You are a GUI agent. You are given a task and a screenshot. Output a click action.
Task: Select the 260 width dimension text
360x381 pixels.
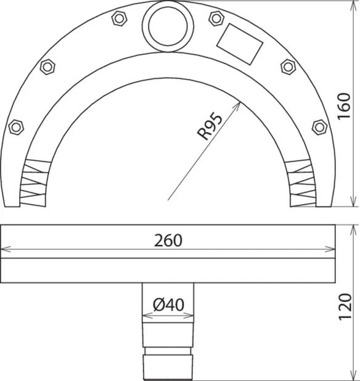click(x=168, y=240)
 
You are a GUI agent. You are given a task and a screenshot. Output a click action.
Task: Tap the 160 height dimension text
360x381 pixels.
click(x=345, y=106)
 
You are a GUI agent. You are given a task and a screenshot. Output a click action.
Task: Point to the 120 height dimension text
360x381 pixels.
click(x=345, y=307)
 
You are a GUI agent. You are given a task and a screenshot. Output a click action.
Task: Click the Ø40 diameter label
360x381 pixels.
click(x=168, y=305)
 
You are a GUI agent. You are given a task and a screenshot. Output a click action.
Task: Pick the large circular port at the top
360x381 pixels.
click(x=168, y=27)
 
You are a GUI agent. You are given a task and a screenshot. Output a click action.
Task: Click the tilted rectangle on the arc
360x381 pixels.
click(x=240, y=44)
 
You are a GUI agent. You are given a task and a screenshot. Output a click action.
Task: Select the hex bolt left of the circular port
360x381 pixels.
click(x=119, y=18)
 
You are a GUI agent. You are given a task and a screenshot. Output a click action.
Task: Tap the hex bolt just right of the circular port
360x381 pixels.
click(x=216, y=18)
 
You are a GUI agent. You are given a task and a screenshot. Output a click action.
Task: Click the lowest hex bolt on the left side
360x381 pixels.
click(x=16, y=127)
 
